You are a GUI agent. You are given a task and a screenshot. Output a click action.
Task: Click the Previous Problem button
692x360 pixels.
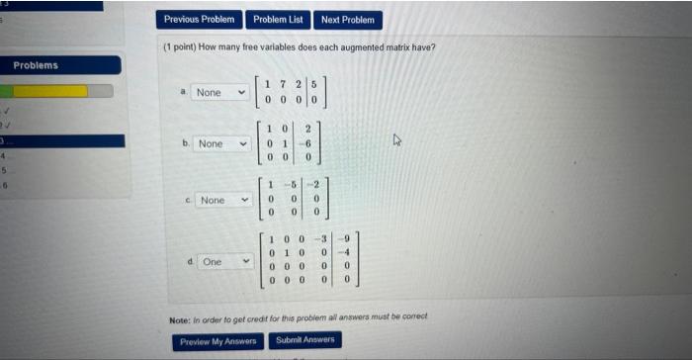pos(200,19)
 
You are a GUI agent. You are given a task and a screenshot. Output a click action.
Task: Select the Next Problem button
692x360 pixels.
pos(348,19)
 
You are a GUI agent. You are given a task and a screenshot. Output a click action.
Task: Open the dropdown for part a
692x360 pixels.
pos(219,92)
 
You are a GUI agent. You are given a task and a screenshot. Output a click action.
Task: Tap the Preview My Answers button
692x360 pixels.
pos(217,341)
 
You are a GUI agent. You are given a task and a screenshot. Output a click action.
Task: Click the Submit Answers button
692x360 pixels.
pos(305,340)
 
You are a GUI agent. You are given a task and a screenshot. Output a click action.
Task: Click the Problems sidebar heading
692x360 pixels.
pos(36,65)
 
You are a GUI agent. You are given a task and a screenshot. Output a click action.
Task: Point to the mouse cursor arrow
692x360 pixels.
pos(397,140)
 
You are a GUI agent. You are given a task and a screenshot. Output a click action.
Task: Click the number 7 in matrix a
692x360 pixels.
pos(282,86)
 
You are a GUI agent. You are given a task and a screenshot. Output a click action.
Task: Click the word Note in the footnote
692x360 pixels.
pos(179,317)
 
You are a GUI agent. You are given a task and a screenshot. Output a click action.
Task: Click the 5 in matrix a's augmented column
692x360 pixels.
pos(312,86)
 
